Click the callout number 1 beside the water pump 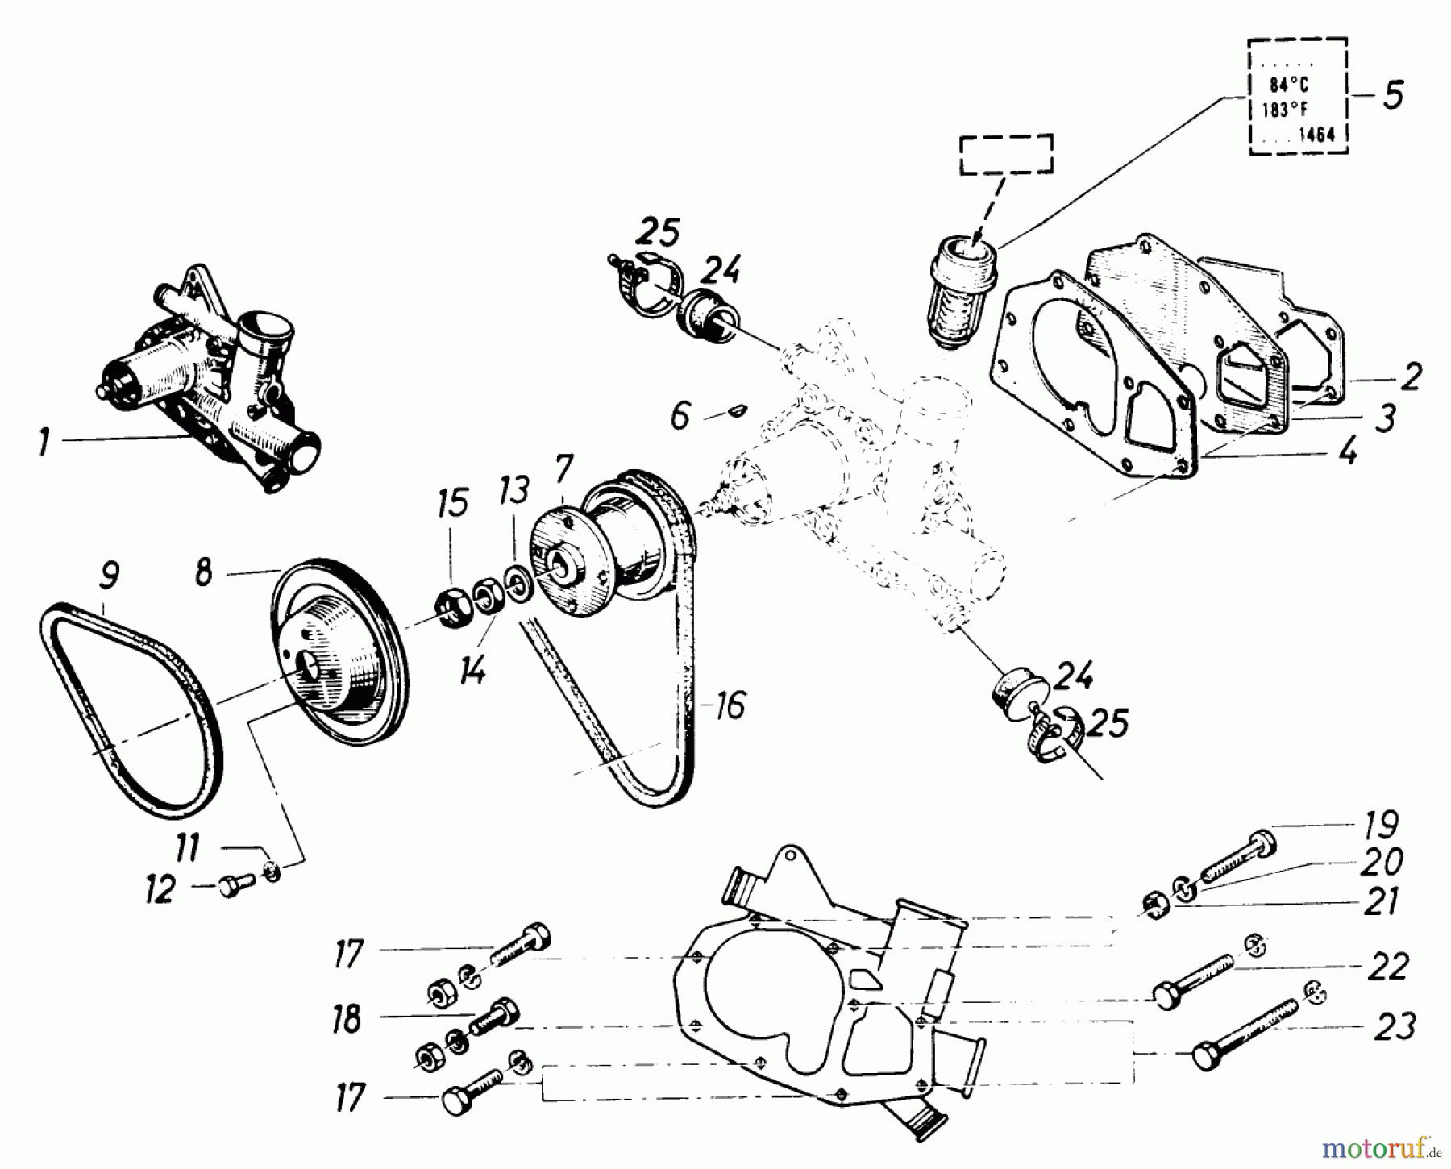pyautogui.click(x=45, y=443)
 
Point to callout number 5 pyautogui.click(x=1393, y=95)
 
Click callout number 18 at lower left pyautogui.click(x=347, y=1019)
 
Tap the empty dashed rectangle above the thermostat pyautogui.click(x=1005, y=154)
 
